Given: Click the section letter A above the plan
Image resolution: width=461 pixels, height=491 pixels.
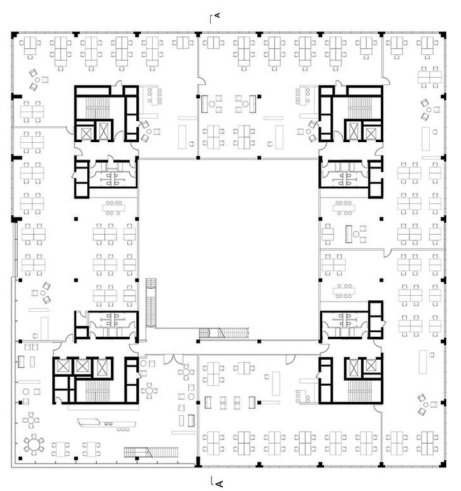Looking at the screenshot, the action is coord(218,15).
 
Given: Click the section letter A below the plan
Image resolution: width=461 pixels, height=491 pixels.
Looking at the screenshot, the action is coord(220,484).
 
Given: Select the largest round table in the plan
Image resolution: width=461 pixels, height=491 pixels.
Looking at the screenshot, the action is coord(34,444).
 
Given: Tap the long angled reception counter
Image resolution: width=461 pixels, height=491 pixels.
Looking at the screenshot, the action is coord(106,423).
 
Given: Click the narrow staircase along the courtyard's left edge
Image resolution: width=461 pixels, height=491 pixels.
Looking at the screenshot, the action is coord(151,302).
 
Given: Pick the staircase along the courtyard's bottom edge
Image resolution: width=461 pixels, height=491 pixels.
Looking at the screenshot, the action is coord(224,333).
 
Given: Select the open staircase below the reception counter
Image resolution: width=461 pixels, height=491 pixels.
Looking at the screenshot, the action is coord(151,452).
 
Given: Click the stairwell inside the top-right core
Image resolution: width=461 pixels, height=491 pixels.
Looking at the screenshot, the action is coord(360,107).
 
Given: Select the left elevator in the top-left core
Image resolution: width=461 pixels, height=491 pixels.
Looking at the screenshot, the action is coord(85,131).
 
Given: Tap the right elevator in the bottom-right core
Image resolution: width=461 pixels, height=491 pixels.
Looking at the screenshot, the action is coord(372,366).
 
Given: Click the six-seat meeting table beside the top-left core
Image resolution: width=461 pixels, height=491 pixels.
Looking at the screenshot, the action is coord(154,96).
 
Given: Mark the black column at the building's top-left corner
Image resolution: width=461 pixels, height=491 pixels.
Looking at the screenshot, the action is coord(14,34).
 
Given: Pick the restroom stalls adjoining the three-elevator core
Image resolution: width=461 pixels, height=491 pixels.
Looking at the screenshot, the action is coord(113,325).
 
